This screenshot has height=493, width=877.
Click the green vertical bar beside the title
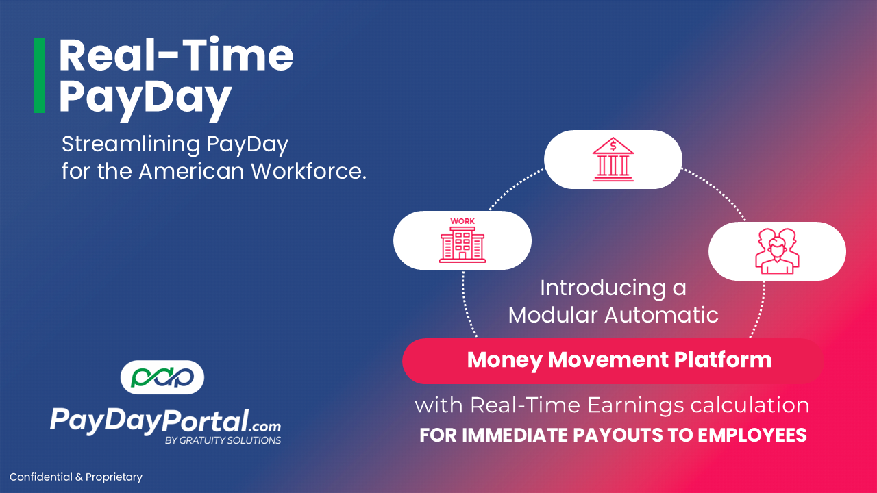[39, 75]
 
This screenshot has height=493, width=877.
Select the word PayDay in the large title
[145, 100]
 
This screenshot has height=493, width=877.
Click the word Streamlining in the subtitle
[132, 144]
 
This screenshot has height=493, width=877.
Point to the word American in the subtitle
[191, 171]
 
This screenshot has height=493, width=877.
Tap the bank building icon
[613, 160]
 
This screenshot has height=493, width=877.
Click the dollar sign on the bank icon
[613, 147]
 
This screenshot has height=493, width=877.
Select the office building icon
[462, 244]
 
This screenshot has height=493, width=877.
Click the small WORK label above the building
[462, 221]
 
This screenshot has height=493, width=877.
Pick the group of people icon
[777, 251]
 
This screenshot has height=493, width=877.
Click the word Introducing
[603, 288]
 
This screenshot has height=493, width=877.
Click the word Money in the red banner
[505, 360]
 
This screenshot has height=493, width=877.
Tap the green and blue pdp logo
[162, 377]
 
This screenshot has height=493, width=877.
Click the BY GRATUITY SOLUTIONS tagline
[223, 440]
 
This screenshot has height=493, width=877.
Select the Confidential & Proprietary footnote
[76, 477]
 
